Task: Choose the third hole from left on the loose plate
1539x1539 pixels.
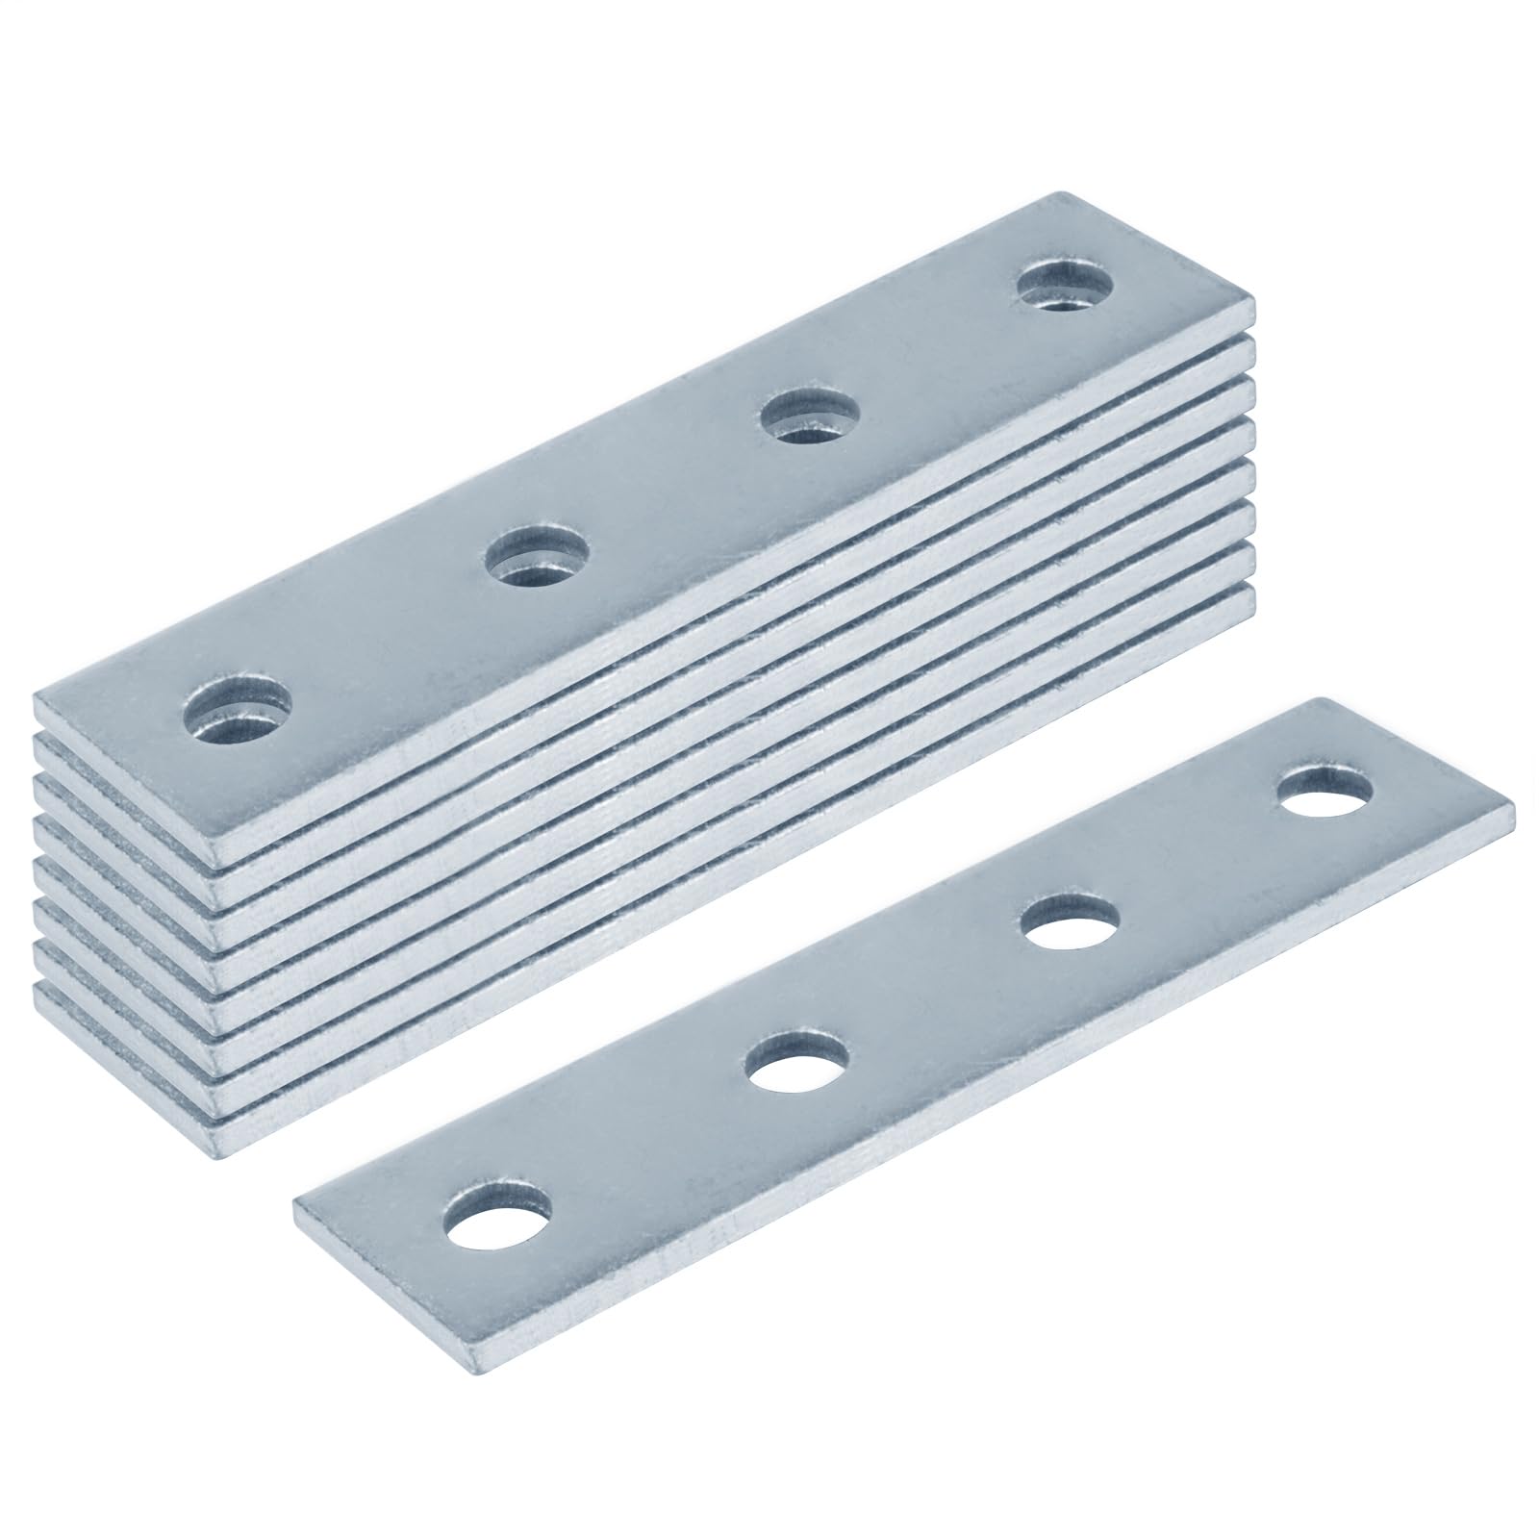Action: pos(1070,924)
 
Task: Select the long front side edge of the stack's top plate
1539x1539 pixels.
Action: pos(731,569)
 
